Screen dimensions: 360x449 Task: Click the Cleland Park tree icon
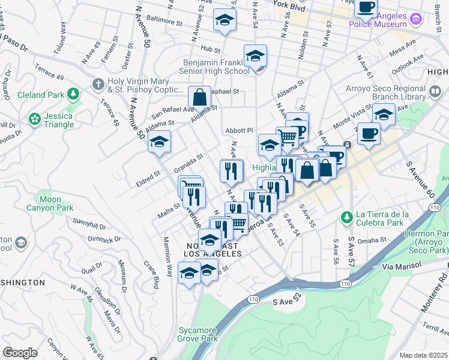coord(73,94)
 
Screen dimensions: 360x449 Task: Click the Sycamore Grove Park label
coord(197,334)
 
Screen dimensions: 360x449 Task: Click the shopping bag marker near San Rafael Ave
coord(199,97)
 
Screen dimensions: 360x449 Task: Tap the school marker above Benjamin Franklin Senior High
coord(255,58)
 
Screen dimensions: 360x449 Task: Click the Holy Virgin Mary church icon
coord(97,84)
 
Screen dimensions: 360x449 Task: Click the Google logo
coord(20,352)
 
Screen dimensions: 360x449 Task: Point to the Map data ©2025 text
coord(423,355)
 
